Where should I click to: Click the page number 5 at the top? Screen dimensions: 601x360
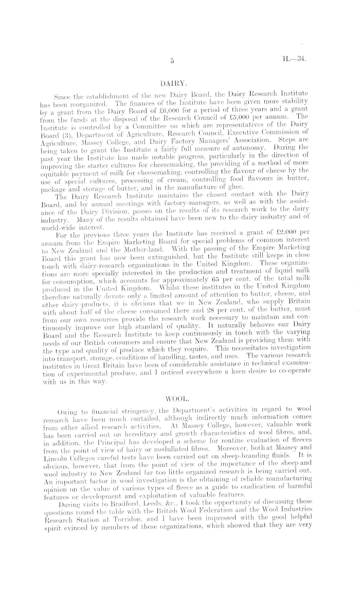pyautogui.click(x=173, y=61)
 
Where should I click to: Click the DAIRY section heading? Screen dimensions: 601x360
pyautogui.click(x=172, y=82)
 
